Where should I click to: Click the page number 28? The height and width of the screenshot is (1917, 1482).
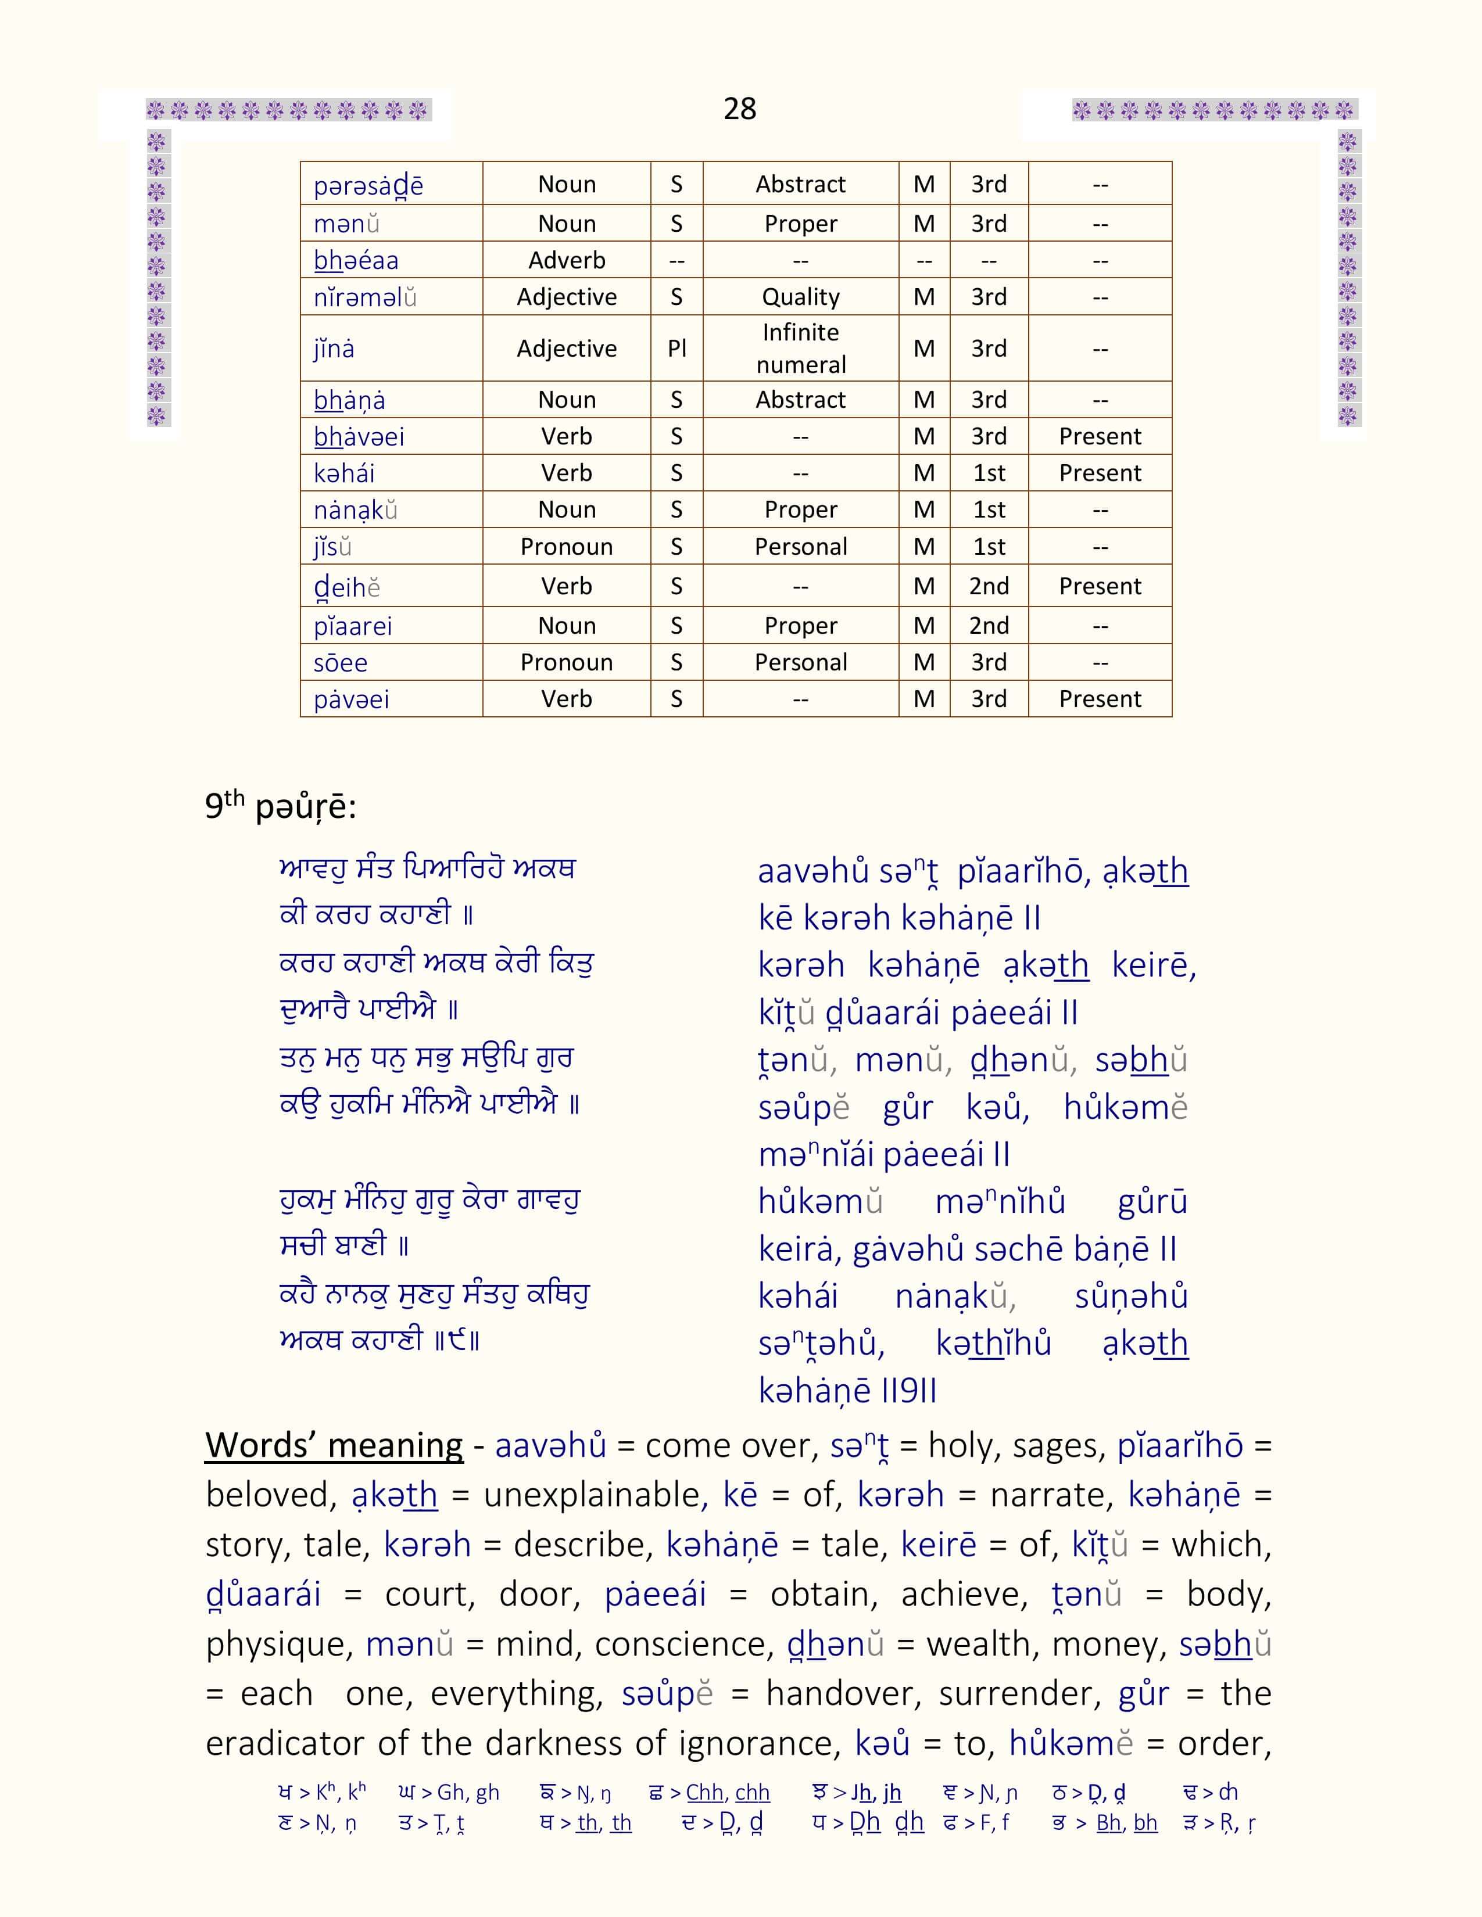[x=739, y=109]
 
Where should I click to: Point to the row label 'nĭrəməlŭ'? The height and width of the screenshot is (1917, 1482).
[x=364, y=297]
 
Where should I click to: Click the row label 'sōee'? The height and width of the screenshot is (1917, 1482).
[x=341, y=663]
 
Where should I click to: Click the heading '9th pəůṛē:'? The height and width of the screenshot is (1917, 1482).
[x=280, y=806]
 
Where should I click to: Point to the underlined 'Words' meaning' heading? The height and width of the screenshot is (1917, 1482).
[x=334, y=1445]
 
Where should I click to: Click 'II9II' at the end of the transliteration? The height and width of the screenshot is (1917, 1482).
[x=909, y=1390]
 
